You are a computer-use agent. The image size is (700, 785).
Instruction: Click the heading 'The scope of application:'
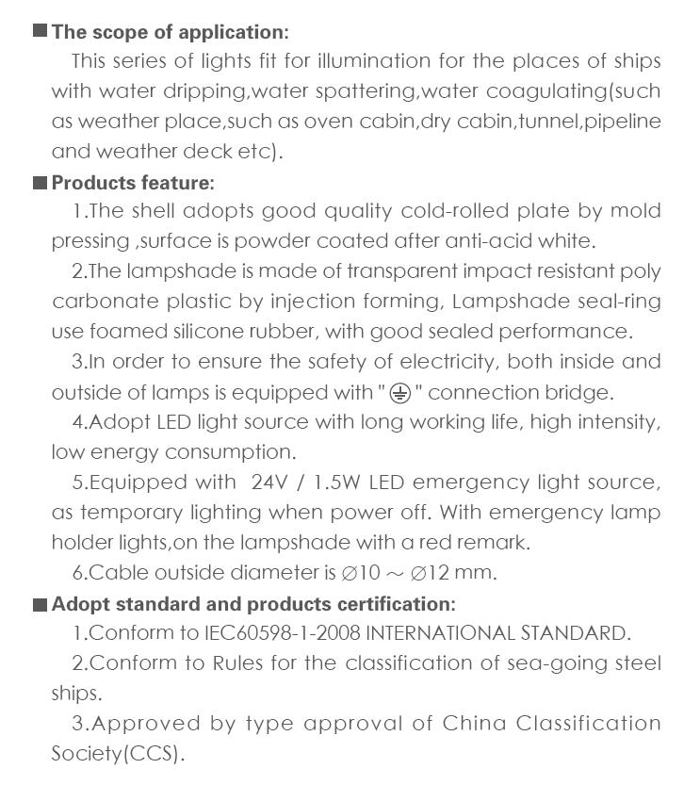(170, 32)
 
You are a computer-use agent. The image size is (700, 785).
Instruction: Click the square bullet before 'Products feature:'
(41, 182)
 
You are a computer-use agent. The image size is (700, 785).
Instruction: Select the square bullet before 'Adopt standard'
(41, 604)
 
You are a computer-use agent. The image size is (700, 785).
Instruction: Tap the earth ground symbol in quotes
(400, 392)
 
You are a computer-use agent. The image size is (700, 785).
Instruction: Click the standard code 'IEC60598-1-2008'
(283, 633)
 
